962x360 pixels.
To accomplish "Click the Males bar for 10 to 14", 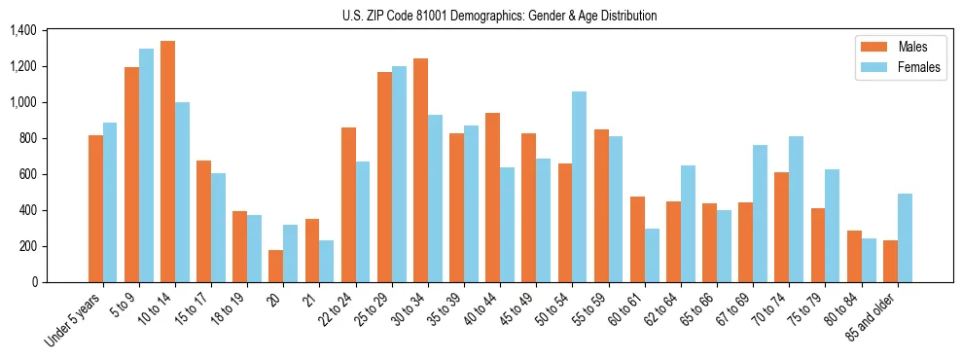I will click(167, 162).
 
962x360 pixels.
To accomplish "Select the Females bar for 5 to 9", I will click(146, 165).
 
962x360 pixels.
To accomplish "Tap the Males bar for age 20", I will click(276, 266).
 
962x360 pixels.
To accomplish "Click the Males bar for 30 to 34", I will click(420, 170).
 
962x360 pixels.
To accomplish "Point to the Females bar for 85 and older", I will click(905, 237).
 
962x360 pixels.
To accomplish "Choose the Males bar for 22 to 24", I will click(348, 204).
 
